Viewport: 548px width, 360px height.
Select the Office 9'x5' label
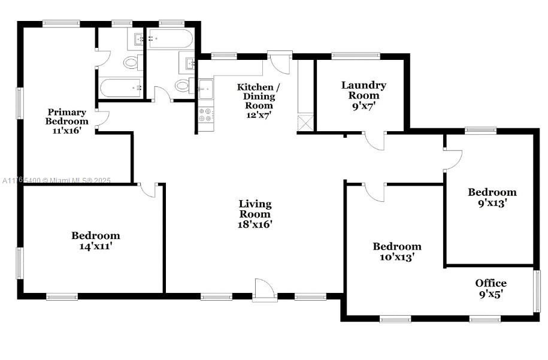click(491, 288)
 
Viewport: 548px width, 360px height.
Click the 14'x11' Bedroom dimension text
click(96, 246)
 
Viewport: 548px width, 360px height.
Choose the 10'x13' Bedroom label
click(396, 252)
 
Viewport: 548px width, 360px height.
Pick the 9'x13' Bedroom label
click(492, 198)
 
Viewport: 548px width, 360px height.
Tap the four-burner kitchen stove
click(205, 114)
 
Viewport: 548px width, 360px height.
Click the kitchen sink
click(205, 88)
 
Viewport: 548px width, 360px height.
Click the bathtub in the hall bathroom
click(171, 40)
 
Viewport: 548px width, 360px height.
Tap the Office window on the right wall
click(537, 290)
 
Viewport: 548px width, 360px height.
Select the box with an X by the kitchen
click(305, 123)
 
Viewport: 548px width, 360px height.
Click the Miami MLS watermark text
click(57, 180)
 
